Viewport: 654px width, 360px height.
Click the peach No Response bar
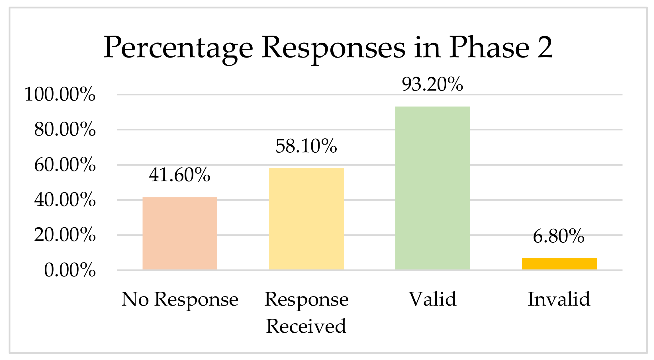(x=180, y=233)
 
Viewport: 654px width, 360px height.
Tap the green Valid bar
(x=432, y=188)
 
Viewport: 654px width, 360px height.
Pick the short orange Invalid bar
(x=559, y=264)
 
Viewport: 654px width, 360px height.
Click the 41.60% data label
(x=179, y=175)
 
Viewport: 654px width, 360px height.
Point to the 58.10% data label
(x=306, y=146)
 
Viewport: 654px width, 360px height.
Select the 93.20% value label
(x=432, y=84)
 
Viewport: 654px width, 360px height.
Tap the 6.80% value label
(x=559, y=236)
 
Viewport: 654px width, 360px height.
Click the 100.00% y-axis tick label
(x=60, y=94)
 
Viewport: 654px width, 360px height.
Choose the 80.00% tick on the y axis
(x=65, y=129)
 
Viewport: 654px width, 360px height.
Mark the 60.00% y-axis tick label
(x=65, y=165)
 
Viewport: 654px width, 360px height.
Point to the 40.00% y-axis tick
(x=65, y=200)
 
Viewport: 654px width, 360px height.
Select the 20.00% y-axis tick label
(x=65, y=235)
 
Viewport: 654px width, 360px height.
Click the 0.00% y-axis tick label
(x=70, y=270)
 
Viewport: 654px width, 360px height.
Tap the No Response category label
(x=180, y=299)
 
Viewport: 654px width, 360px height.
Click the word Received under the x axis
(x=306, y=326)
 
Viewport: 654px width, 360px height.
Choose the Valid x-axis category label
(x=432, y=299)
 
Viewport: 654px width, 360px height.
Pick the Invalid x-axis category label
(x=559, y=299)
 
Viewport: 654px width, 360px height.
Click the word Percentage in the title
(x=178, y=48)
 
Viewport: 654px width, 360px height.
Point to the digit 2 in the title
(x=545, y=47)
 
